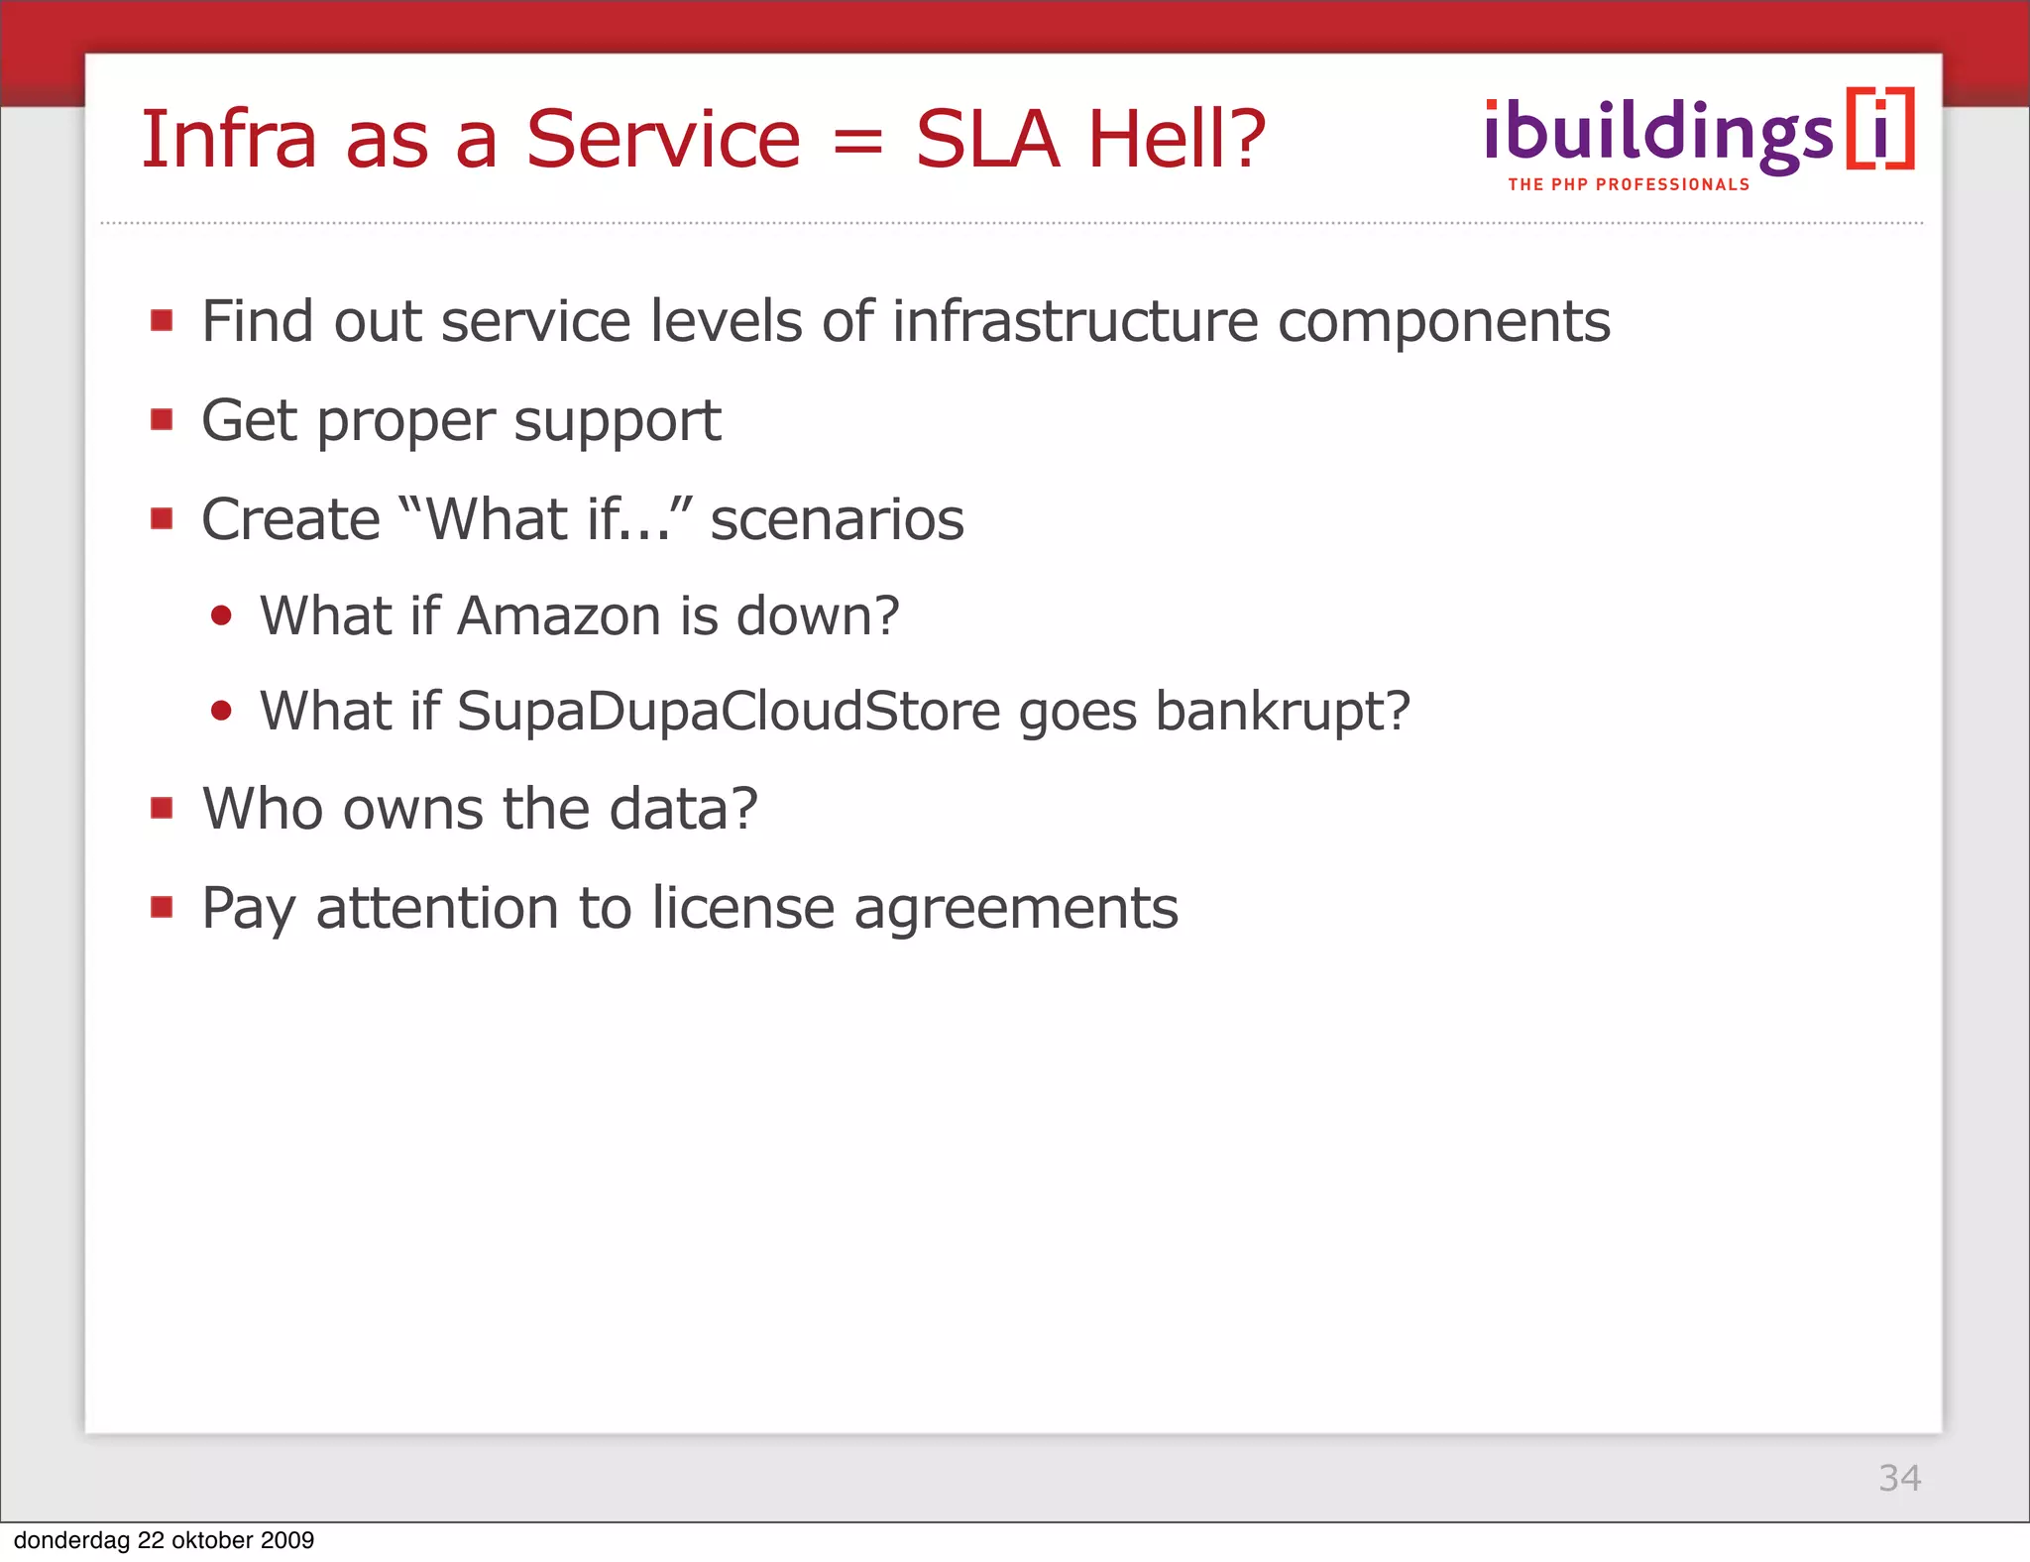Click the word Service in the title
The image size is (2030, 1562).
pyautogui.click(x=662, y=140)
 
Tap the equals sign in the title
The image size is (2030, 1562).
pyautogui.click(x=857, y=142)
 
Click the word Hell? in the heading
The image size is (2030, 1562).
pyautogui.click(x=1177, y=140)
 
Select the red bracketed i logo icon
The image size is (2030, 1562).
pyautogui.click(x=1880, y=129)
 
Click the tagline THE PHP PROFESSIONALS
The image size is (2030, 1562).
pyautogui.click(x=1629, y=185)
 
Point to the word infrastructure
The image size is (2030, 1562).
pyautogui.click(x=1074, y=321)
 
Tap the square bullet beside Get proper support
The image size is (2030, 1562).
pyautogui.click(x=162, y=420)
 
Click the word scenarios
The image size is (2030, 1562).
pyautogui.click(x=837, y=519)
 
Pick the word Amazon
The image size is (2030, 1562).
pyautogui.click(x=558, y=615)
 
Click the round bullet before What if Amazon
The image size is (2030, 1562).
pyautogui.click(x=221, y=616)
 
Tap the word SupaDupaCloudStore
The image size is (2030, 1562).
pyautogui.click(x=729, y=711)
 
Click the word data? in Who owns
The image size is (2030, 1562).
pyautogui.click(x=683, y=809)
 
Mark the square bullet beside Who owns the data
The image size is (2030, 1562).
pyautogui.click(x=162, y=809)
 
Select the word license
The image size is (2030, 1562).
pyautogui.click(x=743, y=908)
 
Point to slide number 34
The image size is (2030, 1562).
pyautogui.click(x=1899, y=1478)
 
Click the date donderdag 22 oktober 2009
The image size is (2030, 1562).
pyautogui.click(x=164, y=1540)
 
